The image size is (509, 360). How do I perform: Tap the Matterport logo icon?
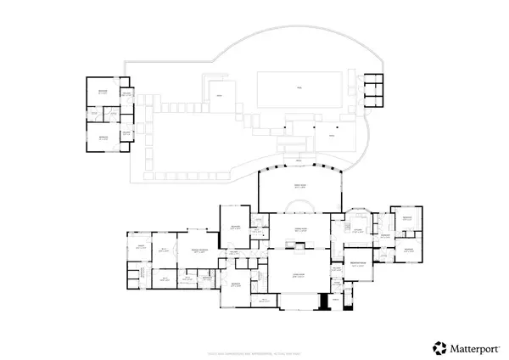point(439,346)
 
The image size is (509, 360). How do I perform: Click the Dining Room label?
point(299,230)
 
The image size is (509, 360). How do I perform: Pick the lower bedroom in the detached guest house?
point(102,137)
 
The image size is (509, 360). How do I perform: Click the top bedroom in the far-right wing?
point(406,217)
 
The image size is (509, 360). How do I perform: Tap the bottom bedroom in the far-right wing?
point(406,250)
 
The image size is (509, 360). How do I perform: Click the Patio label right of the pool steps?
point(332,136)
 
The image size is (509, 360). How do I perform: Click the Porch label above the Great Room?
point(299,160)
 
